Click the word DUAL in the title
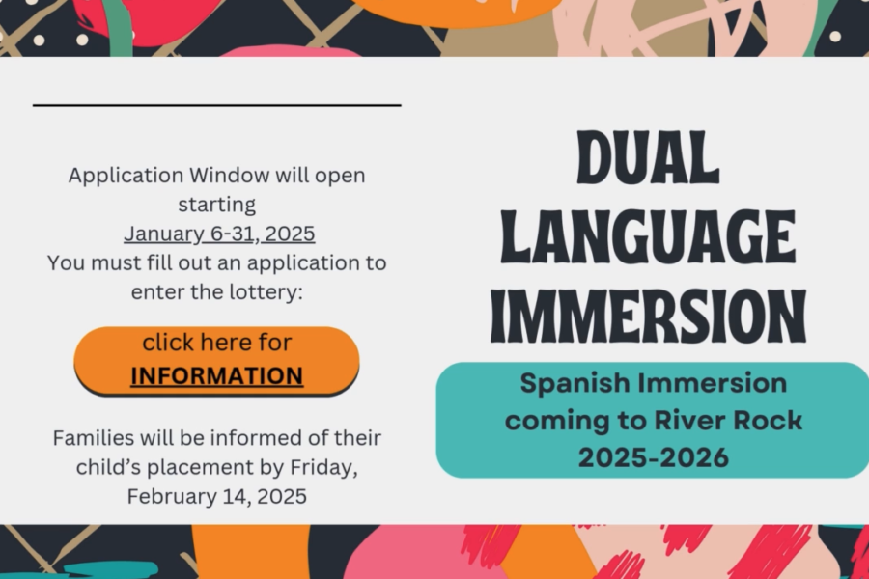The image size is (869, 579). (x=649, y=157)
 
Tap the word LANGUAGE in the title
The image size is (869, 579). (x=649, y=236)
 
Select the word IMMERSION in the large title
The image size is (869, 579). (x=649, y=317)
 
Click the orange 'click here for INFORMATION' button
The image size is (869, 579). (x=216, y=360)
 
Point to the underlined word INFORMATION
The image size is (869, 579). (x=216, y=376)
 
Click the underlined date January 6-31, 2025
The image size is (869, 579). (x=219, y=234)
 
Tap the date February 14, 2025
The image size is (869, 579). (x=216, y=496)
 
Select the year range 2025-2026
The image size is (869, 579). (x=654, y=457)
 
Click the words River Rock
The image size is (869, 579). (x=728, y=420)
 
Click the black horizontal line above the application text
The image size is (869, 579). (x=216, y=105)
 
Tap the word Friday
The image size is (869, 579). (x=323, y=468)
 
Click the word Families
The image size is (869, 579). (x=93, y=438)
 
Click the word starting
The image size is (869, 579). (x=216, y=205)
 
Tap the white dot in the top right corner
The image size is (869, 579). (x=835, y=37)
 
